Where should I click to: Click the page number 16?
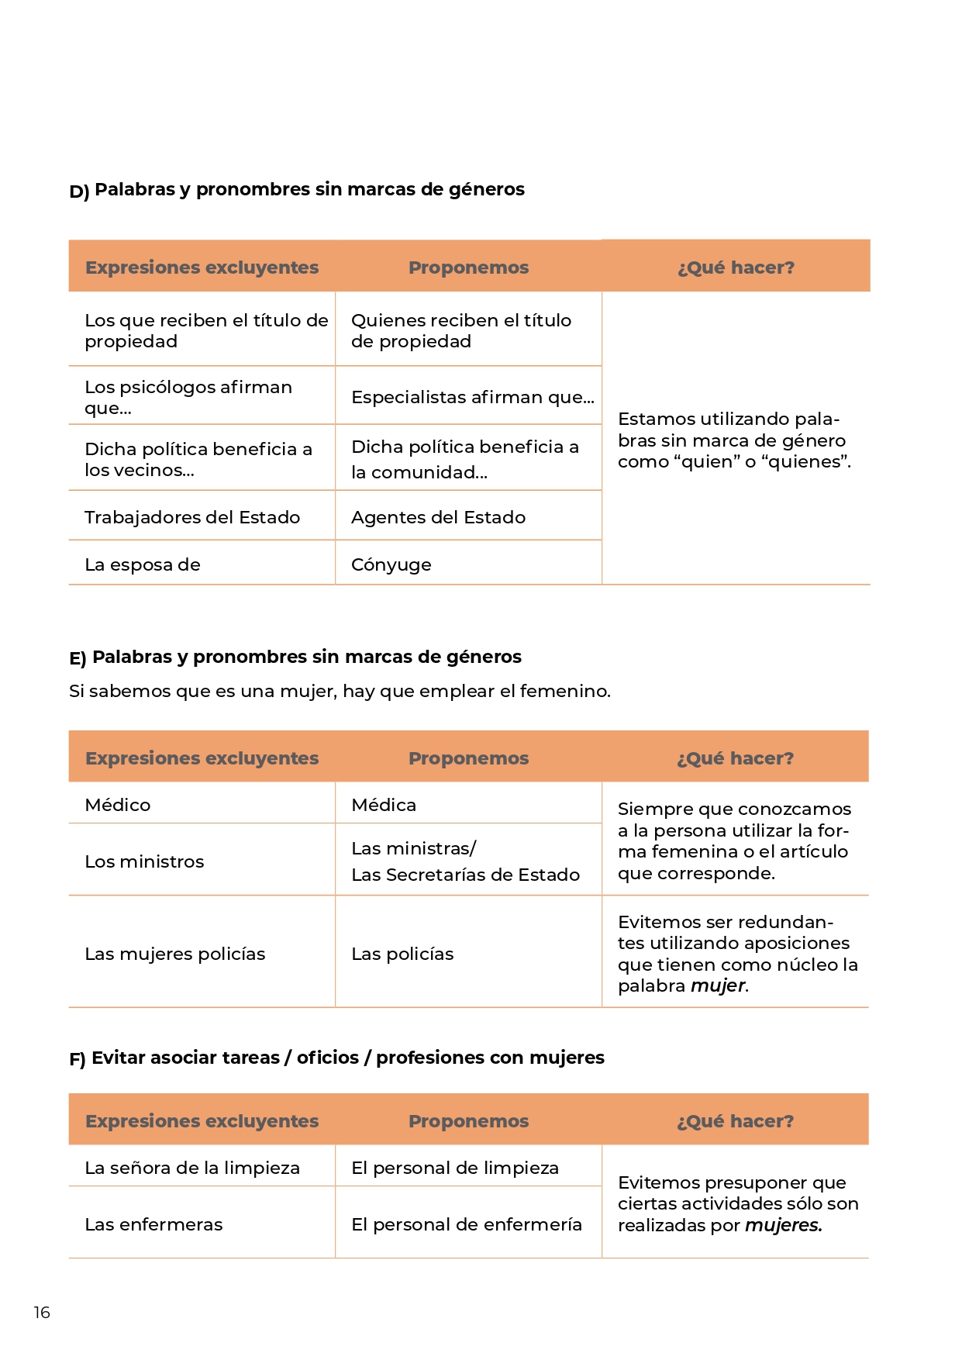[42, 1312]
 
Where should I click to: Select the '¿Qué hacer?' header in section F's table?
[735, 1121]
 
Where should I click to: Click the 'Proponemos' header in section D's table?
[468, 268]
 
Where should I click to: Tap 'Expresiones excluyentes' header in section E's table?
[202, 758]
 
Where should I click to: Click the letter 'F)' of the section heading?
[78, 1059]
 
